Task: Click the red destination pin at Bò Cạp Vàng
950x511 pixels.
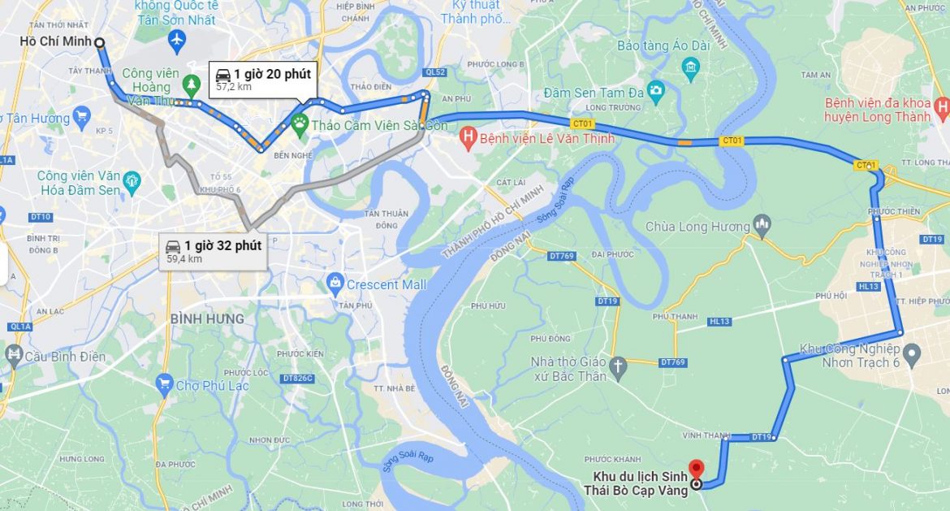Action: pos(696,469)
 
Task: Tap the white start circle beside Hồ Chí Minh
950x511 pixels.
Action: pos(99,42)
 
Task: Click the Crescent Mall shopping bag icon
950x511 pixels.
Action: pos(335,285)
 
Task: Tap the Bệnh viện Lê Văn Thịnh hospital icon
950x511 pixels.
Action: pos(467,138)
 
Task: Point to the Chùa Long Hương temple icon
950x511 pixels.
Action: pos(762,225)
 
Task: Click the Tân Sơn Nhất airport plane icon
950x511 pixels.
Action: pos(175,39)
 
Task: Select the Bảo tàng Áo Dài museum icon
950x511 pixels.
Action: pos(691,65)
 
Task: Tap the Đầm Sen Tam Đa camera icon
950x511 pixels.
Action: pos(655,89)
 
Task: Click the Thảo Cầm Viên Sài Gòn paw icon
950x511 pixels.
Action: pos(300,124)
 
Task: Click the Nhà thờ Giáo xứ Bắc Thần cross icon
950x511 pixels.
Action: pos(618,367)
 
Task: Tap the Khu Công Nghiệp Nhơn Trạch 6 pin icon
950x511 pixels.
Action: pos(912,353)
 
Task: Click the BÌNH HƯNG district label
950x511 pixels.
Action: pos(206,319)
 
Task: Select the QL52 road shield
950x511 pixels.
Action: pos(434,71)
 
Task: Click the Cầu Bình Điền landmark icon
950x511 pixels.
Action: pos(14,355)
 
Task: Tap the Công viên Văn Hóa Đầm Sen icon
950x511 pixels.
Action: pos(133,182)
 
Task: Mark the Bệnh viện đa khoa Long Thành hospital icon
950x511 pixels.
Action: pos(942,106)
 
